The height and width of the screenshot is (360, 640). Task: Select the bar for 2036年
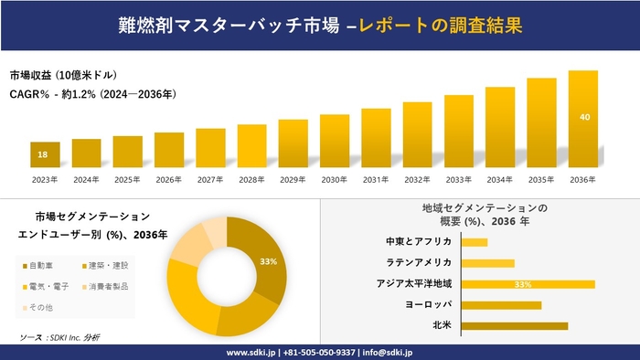(582, 119)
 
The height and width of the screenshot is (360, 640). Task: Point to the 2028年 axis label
(252, 179)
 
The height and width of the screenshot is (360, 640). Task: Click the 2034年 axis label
(500, 179)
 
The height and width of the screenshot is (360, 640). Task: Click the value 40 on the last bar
(583, 116)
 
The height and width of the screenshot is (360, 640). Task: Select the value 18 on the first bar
(43, 154)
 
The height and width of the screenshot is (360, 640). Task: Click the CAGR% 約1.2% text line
(92, 94)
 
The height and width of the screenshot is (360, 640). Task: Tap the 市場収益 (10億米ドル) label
(63, 74)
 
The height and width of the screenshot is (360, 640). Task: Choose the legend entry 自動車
(38, 266)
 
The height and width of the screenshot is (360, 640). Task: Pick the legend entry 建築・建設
(105, 266)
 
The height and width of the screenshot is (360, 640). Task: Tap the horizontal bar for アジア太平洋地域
(528, 284)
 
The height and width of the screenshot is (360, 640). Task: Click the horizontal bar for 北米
(515, 325)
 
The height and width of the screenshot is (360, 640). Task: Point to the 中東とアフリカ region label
(420, 242)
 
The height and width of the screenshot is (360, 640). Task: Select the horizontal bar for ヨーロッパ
(502, 304)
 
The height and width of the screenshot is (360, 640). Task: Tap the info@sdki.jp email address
(388, 352)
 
